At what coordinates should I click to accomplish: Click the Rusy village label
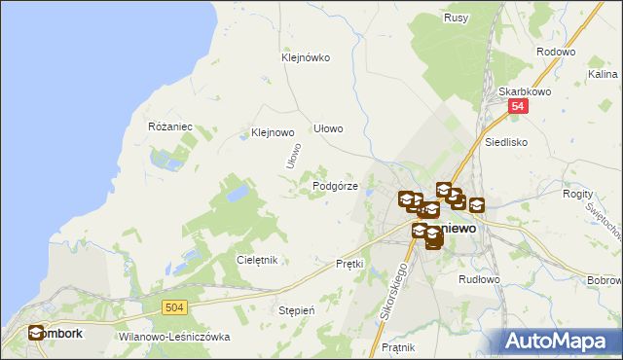(456, 18)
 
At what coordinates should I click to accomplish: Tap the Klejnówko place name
(305, 57)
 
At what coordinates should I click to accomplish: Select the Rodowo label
(556, 52)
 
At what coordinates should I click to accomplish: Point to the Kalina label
(601, 73)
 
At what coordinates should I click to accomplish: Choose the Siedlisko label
(506, 141)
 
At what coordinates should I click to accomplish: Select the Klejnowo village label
(273, 132)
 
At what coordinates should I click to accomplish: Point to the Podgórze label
(336, 186)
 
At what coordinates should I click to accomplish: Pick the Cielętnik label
(258, 260)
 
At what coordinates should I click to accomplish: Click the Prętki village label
(348, 264)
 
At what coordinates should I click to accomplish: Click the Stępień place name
(297, 310)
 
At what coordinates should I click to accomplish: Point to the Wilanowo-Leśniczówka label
(174, 337)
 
